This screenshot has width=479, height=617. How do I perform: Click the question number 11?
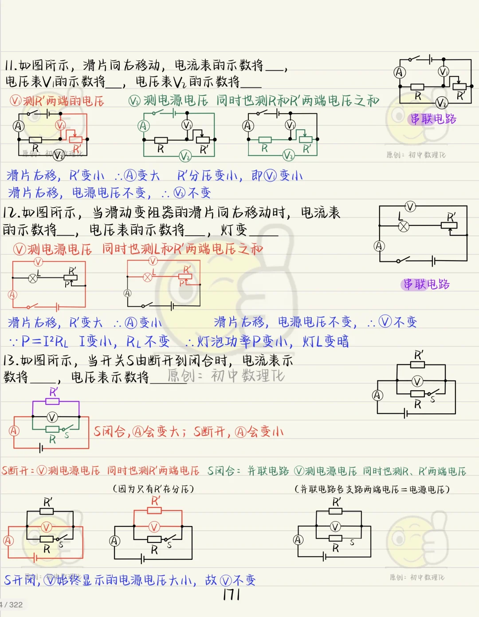pos(11,66)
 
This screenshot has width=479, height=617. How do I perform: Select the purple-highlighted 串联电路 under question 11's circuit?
pos(433,119)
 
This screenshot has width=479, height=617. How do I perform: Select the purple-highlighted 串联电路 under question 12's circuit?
pos(426,284)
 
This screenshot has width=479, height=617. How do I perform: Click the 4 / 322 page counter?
pos(12,605)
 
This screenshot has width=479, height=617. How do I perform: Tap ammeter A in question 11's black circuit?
pos(400,72)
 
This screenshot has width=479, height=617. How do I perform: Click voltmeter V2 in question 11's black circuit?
pos(441,103)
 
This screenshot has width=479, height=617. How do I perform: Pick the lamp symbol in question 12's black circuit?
pos(404,226)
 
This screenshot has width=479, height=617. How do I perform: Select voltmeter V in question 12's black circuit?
pos(411,206)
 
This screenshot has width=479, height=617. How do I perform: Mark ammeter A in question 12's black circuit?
pos(379,246)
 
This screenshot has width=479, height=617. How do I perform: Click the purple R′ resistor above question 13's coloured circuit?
pos(53,401)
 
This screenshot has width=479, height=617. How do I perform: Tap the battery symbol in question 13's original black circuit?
pos(406,414)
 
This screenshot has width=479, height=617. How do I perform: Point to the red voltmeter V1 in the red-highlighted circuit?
pos(60,126)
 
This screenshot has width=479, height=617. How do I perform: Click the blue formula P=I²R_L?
pos(45,341)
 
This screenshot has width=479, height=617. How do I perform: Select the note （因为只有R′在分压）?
pos(153,489)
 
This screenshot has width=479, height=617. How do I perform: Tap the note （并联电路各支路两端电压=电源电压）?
pos(372,489)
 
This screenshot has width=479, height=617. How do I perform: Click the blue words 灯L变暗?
pos(326,341)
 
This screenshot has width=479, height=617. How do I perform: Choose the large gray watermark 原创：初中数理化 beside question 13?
pos(226,376)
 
